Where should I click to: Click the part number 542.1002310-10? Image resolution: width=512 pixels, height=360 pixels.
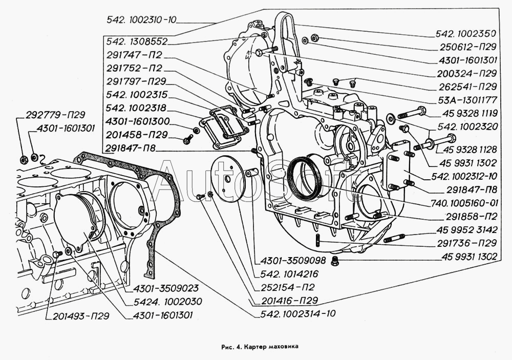tap(141, 20)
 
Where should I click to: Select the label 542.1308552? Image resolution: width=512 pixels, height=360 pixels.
tap(137, 41)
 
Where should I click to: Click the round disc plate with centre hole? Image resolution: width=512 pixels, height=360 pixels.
tap(227, 181)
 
